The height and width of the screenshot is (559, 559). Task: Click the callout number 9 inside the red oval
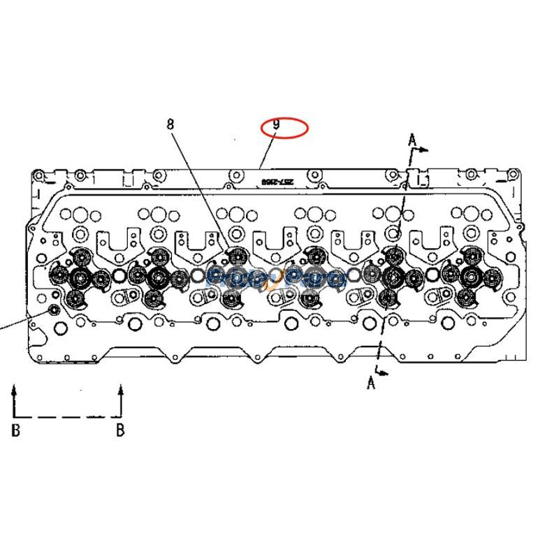coord(277,126)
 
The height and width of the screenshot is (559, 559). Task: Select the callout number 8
coord(170,124)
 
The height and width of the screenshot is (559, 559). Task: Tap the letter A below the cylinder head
coord(371,382)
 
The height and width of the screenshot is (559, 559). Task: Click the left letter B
coord(15,430)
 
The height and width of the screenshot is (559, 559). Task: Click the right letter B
coord(120,430)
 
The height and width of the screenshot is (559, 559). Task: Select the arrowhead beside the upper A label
coord(426,150)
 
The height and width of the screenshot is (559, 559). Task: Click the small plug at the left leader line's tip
coord(51,309)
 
